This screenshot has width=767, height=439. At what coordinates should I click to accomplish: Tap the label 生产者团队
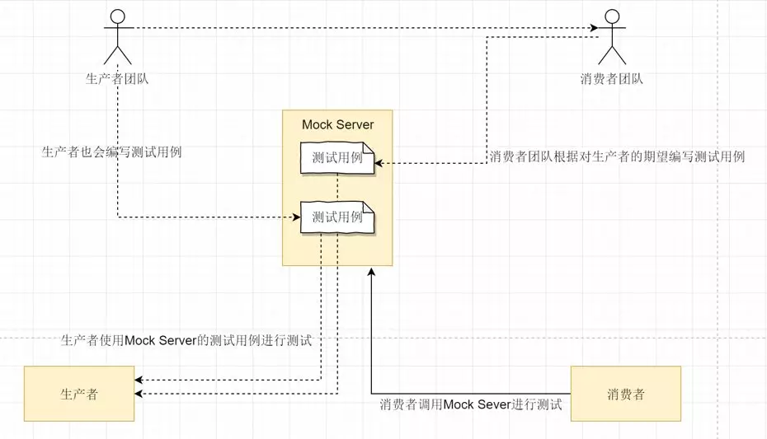pyautogui.click(x=117, y=79)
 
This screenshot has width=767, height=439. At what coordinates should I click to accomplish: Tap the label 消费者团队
pyautogui.click(x=611, y=79)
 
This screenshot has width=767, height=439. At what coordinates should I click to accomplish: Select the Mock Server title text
pyautogui.click(x=337, y=125)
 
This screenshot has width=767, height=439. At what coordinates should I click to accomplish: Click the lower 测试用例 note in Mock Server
pyautogui.click(x=337, y=217)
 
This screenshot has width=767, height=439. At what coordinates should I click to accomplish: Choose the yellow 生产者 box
pyautogui.click(x=79, y=394)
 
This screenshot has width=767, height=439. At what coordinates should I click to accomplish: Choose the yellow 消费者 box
pyautogui.click(x=625, y=394)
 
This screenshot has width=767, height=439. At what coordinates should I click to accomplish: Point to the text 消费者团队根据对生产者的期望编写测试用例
pyautogui.click(x=617, y=156)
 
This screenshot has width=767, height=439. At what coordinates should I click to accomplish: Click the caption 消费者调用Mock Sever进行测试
pyautogui.click(x=470, y=404)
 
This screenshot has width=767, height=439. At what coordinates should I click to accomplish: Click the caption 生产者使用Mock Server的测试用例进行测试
pyautogui.click(x=186, y=340)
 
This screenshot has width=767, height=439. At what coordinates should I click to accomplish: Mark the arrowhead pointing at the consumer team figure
pyautogui.click(x=594, y=29)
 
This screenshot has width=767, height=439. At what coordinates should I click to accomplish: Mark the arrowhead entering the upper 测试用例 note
pyautogui.click(x=379, y=163)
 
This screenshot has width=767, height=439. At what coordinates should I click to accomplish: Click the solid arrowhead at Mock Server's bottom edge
pyautogui.click(x=371, y=271)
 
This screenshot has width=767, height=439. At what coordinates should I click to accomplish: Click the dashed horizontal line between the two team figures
pyautogui.click(x=363, y=29)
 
